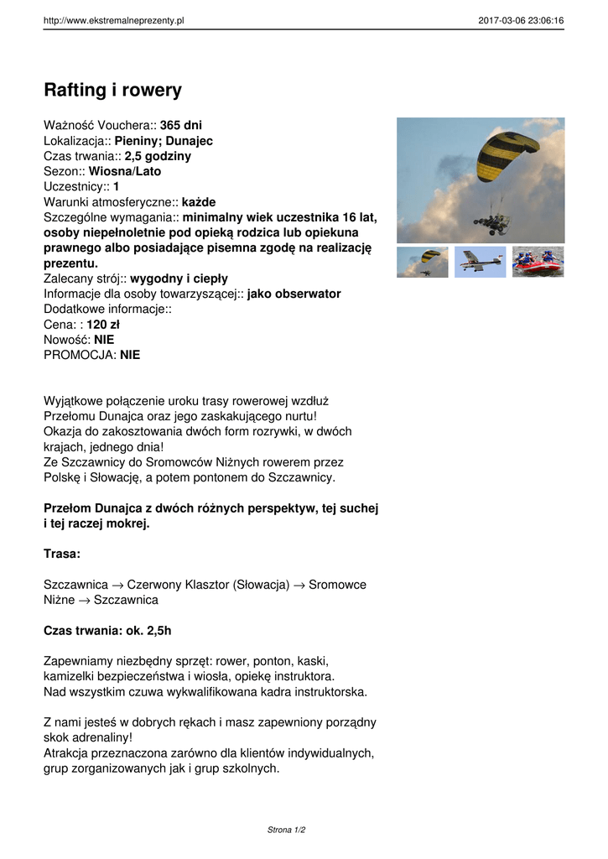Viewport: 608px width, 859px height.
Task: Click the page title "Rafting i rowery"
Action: point(112,90)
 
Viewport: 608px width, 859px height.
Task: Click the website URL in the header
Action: point(113,21)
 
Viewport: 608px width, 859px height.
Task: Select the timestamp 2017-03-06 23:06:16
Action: point(521,21)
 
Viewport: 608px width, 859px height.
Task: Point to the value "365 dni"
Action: point(181,125)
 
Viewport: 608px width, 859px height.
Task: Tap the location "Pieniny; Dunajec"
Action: point(164,141)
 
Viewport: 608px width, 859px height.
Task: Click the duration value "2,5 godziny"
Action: point(158,156)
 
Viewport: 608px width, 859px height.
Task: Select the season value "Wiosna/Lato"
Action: point(125,171)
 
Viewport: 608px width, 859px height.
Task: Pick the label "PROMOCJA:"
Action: point(80,355)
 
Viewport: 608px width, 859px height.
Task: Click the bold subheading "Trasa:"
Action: point(62,554)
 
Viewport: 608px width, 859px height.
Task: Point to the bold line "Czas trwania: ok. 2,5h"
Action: point(107,630)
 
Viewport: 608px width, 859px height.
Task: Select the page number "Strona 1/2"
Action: point(286,830)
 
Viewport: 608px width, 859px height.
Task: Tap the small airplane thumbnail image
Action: point(481,262)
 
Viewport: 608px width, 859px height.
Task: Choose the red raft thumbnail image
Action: point(538,262)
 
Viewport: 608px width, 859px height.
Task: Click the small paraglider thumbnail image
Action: point(423,262)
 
